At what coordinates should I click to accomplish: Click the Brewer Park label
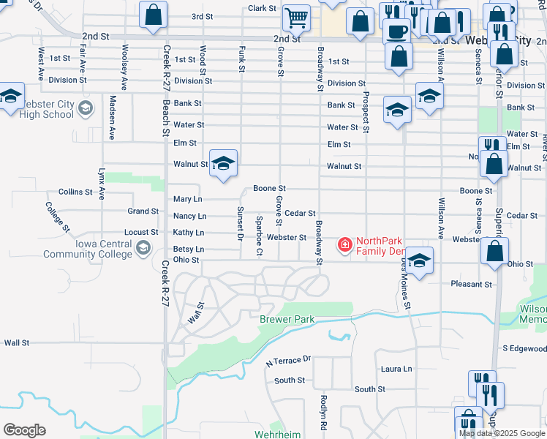click(287, 320)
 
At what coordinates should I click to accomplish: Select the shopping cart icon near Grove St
click(296, 17)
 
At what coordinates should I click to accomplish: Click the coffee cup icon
click(397, 31)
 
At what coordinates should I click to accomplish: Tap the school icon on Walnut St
click(223, 164)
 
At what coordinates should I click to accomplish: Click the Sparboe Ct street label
click(259, 236)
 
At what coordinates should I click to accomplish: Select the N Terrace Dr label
click(288, 360)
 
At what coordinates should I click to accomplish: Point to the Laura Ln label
click(396, 369)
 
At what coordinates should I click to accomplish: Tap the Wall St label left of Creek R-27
click(16, 342)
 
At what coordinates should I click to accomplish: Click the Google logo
click(23, 430)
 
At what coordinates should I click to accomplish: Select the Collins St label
click(76, 192)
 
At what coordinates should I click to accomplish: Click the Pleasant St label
click(472, 284)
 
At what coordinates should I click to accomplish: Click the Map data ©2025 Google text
click(501, 433)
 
